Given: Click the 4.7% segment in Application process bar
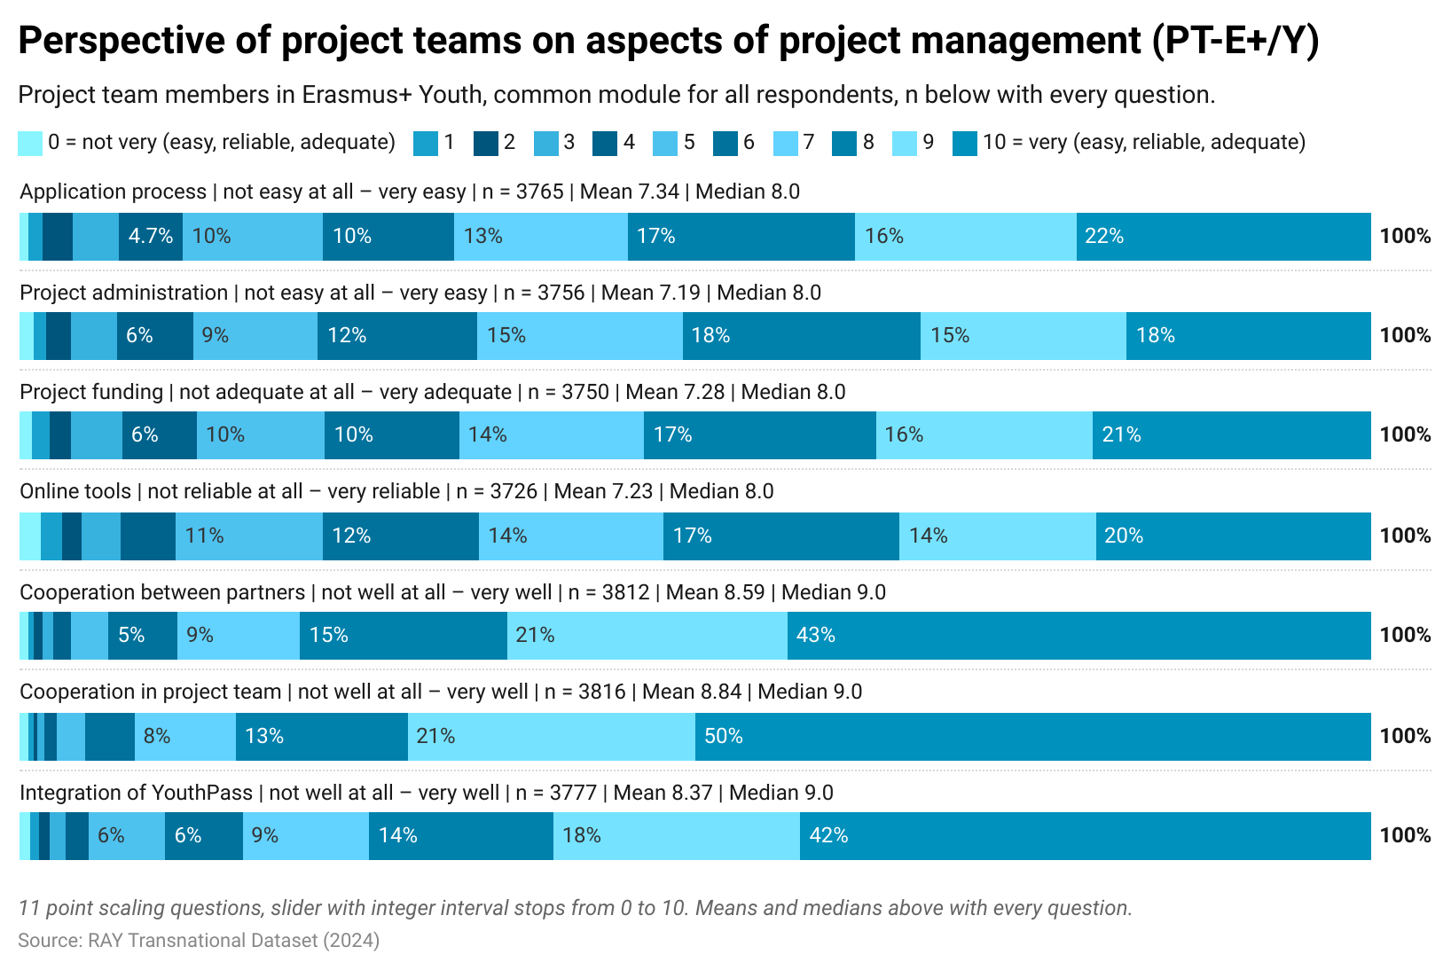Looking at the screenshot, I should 151,237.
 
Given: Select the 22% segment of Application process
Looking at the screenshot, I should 1223,237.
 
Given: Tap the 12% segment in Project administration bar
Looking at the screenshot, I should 396,336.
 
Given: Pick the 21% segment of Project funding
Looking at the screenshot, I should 1231,435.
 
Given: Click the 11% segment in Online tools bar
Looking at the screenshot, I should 248,536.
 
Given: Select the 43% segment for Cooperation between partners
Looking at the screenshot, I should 1078,636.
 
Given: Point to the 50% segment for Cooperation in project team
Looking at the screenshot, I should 1032,737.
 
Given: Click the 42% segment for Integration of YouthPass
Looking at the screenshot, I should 1085,836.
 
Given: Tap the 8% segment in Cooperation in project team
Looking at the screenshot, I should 184,737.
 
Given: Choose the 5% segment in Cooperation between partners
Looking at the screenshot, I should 142,636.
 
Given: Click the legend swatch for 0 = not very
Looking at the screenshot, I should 30,144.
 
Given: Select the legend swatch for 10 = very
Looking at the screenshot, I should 964,144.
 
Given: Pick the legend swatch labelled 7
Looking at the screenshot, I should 785,144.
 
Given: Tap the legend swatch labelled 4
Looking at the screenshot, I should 605,144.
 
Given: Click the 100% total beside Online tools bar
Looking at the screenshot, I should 1405,536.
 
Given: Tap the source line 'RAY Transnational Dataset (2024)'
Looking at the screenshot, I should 199,941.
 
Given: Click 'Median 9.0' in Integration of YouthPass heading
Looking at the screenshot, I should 780,794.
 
